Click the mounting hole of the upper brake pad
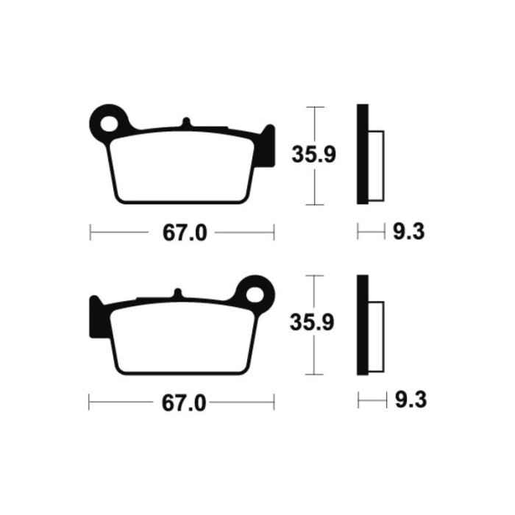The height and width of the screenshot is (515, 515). tap(109, 124)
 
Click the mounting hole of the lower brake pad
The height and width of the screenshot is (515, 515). tap(255, 294)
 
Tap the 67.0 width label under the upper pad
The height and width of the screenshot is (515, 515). tap(185, 233)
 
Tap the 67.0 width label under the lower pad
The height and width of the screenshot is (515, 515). tap(184, 403)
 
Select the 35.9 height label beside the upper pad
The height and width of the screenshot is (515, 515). tap(313, 154)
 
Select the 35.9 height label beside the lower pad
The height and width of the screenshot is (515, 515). tap(312, 322)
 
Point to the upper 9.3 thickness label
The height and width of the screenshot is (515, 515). tap(409, 232)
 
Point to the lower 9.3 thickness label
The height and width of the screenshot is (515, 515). tap(411, 399)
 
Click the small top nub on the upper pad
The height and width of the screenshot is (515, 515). tap(186, 121)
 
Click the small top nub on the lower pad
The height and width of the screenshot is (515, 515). tap(178, 293)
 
